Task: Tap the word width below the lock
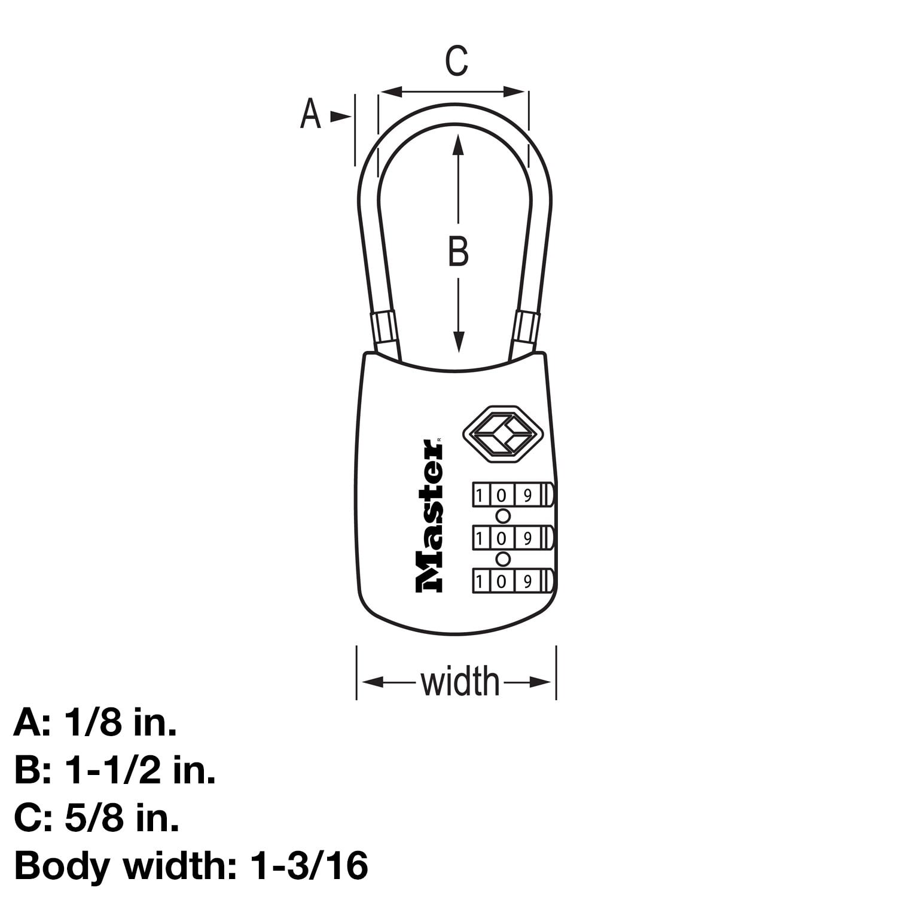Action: [459, 681]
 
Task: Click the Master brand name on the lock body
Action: [430, 516]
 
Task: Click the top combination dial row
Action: [512, 495]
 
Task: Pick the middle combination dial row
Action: [512, 538]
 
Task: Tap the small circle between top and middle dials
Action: [503, 516]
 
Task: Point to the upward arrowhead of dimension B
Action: [458, 144]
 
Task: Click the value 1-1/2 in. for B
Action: [141, 771]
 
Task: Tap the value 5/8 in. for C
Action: [123, 819]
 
